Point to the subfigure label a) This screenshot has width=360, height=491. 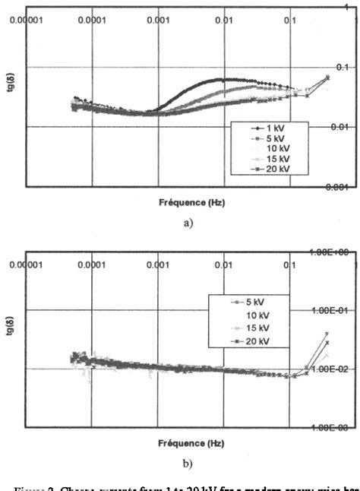179,223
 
